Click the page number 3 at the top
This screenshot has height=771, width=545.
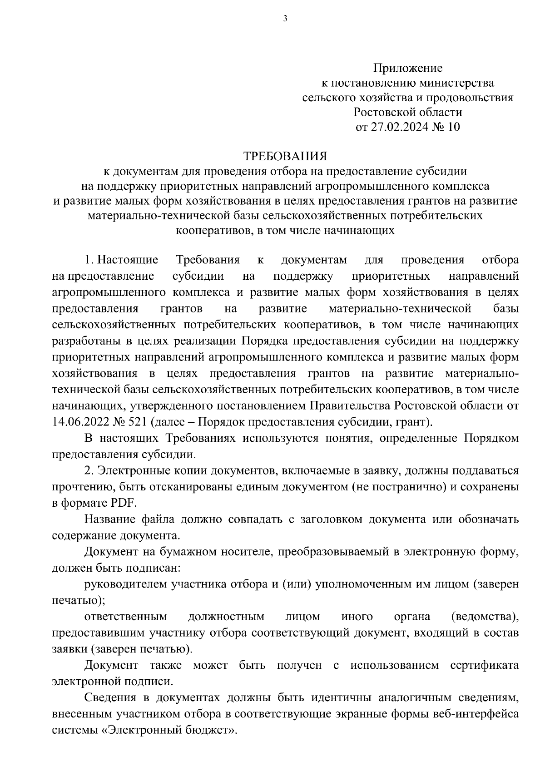coord(285,19)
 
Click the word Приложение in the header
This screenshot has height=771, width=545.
coord(407,68)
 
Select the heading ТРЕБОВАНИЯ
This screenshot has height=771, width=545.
coord(285,156)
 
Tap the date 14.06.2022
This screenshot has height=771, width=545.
coord(79,422)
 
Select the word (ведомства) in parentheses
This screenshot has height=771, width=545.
coord(485,617)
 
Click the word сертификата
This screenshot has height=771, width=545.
coord(484,666)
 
